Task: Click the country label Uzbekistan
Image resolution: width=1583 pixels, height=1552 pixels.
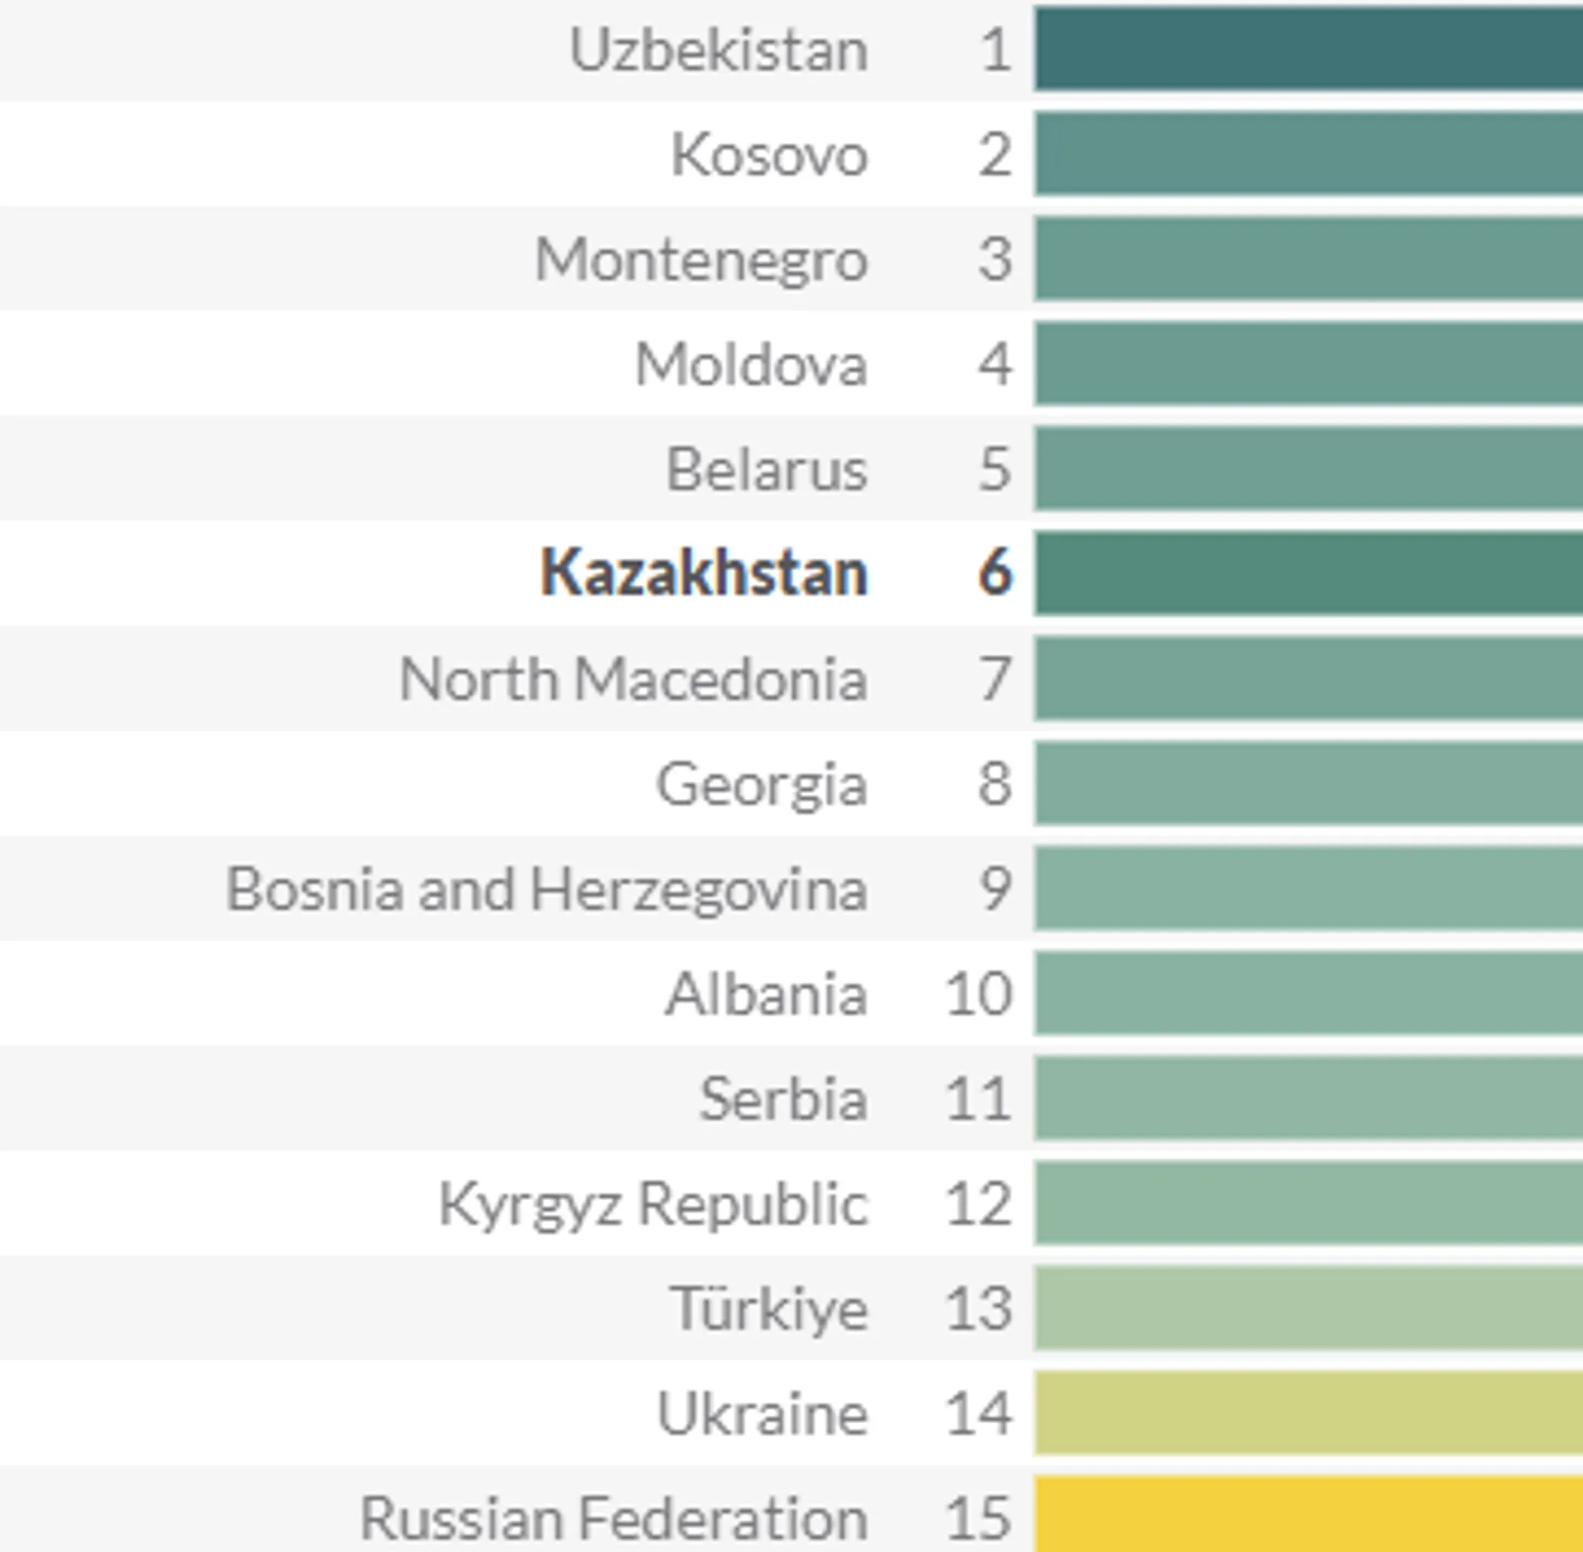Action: click(718, 51)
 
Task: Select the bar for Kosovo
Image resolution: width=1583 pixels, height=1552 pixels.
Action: click(1308, 154)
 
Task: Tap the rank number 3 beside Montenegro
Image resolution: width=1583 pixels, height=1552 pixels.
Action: click(994, 260)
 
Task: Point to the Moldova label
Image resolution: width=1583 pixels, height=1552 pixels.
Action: click(751, 364)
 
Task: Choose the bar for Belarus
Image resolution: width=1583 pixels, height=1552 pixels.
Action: click(1308, 469)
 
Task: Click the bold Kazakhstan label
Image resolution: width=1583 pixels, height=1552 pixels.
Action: click(704, 573)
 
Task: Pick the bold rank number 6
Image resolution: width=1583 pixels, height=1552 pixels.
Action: click(994, 573)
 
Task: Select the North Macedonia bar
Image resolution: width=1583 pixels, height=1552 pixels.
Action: click(1308, 678)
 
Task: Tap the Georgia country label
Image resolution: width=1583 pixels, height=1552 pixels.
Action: click(761, 784)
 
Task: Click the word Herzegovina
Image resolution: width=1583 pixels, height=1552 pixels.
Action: click(699, 889)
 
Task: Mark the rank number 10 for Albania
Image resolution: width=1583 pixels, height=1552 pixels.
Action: click(978, 993)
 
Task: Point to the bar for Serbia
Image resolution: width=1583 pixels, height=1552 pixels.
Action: click(1308, 1098)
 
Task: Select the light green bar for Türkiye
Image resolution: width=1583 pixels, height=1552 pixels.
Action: click(1308, 1308)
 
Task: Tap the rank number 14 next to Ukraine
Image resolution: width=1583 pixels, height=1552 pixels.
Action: click(978, 1413)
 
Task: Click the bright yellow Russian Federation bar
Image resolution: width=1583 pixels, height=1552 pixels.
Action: click(1308, 1514)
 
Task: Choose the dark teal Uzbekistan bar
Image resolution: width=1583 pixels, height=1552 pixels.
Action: click(1308, 49)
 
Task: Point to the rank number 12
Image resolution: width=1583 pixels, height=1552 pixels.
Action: click(978, 1203)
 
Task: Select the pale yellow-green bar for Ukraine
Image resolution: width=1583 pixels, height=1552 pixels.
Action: click(1308, 1413)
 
